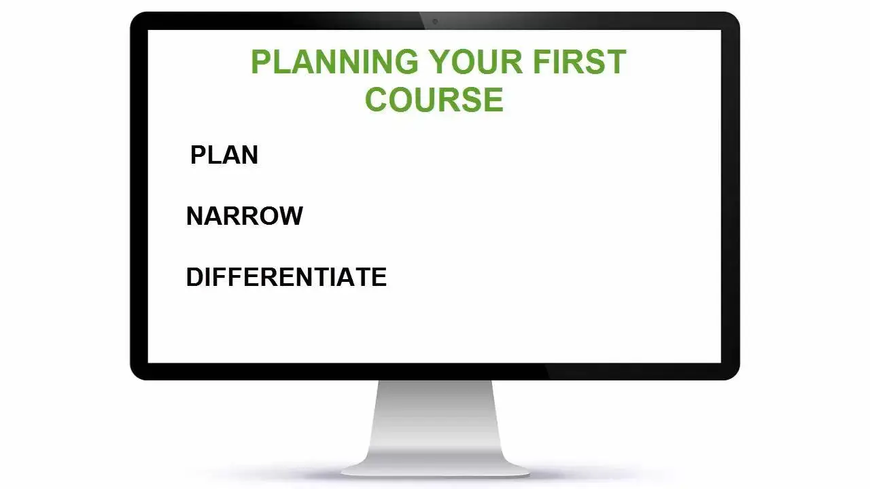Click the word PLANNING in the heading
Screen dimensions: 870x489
(x=335, y=62)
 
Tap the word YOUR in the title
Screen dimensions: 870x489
(x=476, y=62)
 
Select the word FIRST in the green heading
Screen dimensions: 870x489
(x=580, y=62)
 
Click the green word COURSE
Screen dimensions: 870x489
(x=434, y=99)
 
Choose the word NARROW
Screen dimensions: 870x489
(x=244, y=216)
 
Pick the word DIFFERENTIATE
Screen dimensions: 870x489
(x=286, y=276)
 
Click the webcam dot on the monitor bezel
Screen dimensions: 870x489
(x=435, y=21)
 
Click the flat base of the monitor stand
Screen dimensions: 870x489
(x=435, y=469)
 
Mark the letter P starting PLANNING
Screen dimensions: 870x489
(x=261, y=62)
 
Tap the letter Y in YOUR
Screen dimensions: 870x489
(x=440, y=62)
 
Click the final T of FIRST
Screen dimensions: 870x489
(x=616, y=62)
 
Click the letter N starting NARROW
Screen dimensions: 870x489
(x=195, y=216)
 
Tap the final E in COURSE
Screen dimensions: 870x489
(x=494, y=99)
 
